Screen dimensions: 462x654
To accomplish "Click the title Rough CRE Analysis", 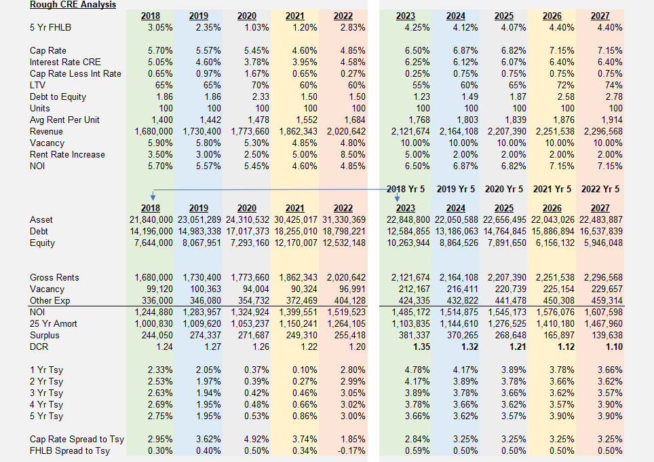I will (73, 5).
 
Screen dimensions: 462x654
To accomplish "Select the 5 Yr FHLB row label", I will (51, 27).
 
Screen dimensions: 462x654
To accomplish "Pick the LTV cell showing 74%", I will (613, 86).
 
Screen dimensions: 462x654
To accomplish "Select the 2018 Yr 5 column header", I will (406, 189).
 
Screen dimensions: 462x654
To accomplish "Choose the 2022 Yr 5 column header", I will (600, 189).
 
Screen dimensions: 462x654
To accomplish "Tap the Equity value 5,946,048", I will (599, 243).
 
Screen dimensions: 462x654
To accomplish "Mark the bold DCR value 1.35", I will (418, 347).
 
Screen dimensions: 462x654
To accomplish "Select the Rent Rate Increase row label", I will (67, 155).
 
